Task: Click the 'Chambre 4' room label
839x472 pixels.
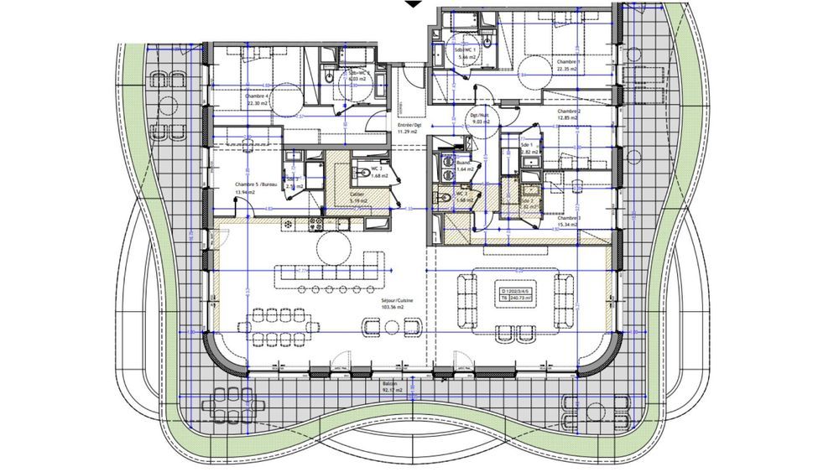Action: (257, 96)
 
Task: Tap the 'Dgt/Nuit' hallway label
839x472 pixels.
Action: (479, 116)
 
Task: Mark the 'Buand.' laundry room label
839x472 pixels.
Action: (465, 163)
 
